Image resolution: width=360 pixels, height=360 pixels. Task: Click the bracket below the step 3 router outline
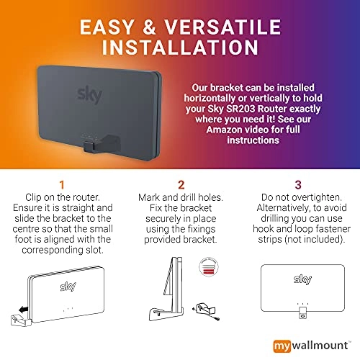point(303,312)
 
